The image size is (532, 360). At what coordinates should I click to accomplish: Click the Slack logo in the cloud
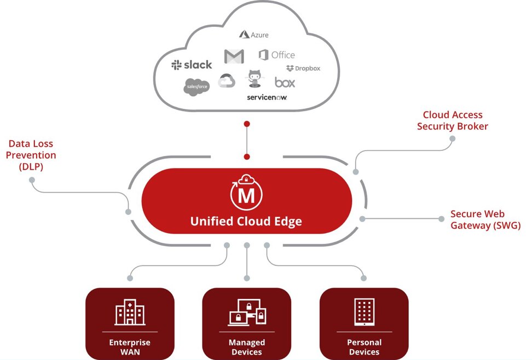pos(192,65)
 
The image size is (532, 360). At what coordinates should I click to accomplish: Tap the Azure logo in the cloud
pos(254,34)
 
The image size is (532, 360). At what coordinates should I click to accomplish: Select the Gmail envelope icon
pos(234,56)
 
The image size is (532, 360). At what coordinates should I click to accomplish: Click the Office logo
pos(276,55)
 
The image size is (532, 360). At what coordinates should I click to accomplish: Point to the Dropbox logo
pos(303,68)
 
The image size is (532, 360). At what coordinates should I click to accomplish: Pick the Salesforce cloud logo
pos(197,86)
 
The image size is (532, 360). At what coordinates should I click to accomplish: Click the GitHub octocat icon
pos(253,79)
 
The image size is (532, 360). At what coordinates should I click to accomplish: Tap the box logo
pos(285,83)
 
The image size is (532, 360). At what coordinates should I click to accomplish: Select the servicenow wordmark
pos(267,97)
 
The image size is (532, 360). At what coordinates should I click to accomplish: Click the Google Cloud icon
pos(227,81)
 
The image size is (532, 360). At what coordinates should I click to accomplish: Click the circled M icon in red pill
pos(247,193)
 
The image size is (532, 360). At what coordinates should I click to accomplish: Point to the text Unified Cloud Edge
pos(246,222)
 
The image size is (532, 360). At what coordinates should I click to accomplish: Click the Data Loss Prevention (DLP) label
pos(31,155)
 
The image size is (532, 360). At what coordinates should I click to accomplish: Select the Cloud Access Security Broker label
pos(453,120)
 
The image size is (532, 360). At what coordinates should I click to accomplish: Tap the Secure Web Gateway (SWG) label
pos(485,219)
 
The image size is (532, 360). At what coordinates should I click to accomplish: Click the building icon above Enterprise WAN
pos(130,312)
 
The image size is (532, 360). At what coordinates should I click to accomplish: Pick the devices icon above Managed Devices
pos(247,312)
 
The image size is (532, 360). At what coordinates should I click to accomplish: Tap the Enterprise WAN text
pos(130,347)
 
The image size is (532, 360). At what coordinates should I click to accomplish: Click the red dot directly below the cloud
pos(247,124)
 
